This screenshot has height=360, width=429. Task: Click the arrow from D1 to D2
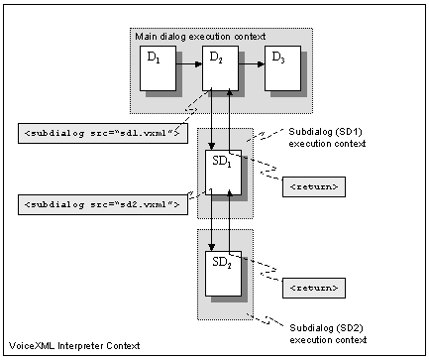(x=188, y=67)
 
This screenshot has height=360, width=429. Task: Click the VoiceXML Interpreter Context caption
(x=71, y=345)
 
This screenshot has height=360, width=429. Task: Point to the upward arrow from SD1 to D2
(x=231, y=119)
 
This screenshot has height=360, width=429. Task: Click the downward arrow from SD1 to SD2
(x=212, y=223)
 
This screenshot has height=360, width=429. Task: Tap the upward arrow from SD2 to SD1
(x=230, y=223)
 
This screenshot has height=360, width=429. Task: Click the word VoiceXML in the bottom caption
(x=29, y=345)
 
